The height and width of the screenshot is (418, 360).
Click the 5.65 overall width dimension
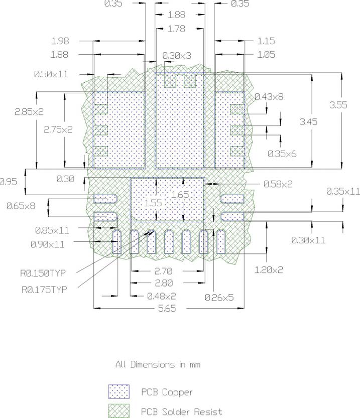coord(167,309)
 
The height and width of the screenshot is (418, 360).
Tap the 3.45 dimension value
coord(308,121)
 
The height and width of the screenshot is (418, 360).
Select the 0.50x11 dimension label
coord(51,74)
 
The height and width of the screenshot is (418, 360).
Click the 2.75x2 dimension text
coord(58,129)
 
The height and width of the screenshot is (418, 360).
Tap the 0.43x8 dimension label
coord(269,96)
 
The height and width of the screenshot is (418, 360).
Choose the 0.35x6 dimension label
coord(282,154)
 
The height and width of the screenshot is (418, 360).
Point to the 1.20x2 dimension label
coord(269,270)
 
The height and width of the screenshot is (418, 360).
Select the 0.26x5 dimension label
coord(219,298)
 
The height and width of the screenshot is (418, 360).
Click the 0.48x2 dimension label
coord(161,296)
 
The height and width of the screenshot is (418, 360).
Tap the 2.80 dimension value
coord(168,284)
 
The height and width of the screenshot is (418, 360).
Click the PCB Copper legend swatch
coord(119,391)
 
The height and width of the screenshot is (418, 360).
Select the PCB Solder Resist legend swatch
coord(119,411)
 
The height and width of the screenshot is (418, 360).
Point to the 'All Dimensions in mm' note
coord(158,365)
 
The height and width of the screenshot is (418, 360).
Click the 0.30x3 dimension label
coord(177,56)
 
